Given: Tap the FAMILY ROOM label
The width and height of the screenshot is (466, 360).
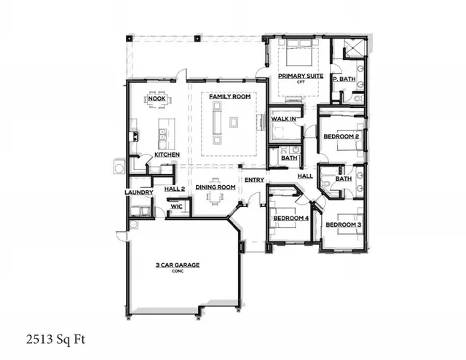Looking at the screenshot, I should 230,97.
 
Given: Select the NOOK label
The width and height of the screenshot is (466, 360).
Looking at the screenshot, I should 156,98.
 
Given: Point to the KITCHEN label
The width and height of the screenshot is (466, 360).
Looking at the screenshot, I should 167,154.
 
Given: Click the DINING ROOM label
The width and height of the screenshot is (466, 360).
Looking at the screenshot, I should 215,187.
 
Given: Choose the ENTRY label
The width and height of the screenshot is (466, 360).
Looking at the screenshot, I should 254,179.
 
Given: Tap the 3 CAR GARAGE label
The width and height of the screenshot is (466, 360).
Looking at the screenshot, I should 178,265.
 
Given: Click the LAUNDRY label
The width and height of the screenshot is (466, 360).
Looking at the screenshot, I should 138,192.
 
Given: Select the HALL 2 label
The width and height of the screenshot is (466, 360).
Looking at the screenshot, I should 175,189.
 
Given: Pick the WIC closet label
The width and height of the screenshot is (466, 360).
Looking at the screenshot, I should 176,206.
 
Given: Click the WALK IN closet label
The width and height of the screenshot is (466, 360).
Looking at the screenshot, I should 283,118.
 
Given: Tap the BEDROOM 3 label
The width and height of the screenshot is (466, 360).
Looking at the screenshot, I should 343,224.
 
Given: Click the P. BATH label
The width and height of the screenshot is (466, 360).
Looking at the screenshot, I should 342,79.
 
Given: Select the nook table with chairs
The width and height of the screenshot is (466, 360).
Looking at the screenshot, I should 156,107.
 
